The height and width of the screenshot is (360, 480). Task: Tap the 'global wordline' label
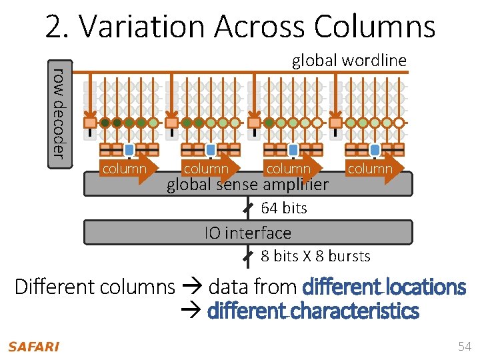tap(349, 61)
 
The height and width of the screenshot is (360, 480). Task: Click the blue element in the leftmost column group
tap(129, 149)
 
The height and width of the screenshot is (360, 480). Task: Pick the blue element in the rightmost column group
tap(375, 149)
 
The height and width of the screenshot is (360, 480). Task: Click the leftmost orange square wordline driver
tap(90, 123)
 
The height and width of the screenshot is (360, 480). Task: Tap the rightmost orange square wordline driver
tap(335, 123)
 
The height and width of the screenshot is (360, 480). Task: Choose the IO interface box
tap(248, 233)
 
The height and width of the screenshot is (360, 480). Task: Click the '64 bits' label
tap(284, 208)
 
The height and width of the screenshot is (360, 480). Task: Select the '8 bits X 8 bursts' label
tap(315, 256)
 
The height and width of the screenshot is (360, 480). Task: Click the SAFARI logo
tap(33, 347)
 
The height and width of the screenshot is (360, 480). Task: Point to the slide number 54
tap(464, 346)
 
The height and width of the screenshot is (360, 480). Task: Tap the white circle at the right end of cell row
tap(399, 123)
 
